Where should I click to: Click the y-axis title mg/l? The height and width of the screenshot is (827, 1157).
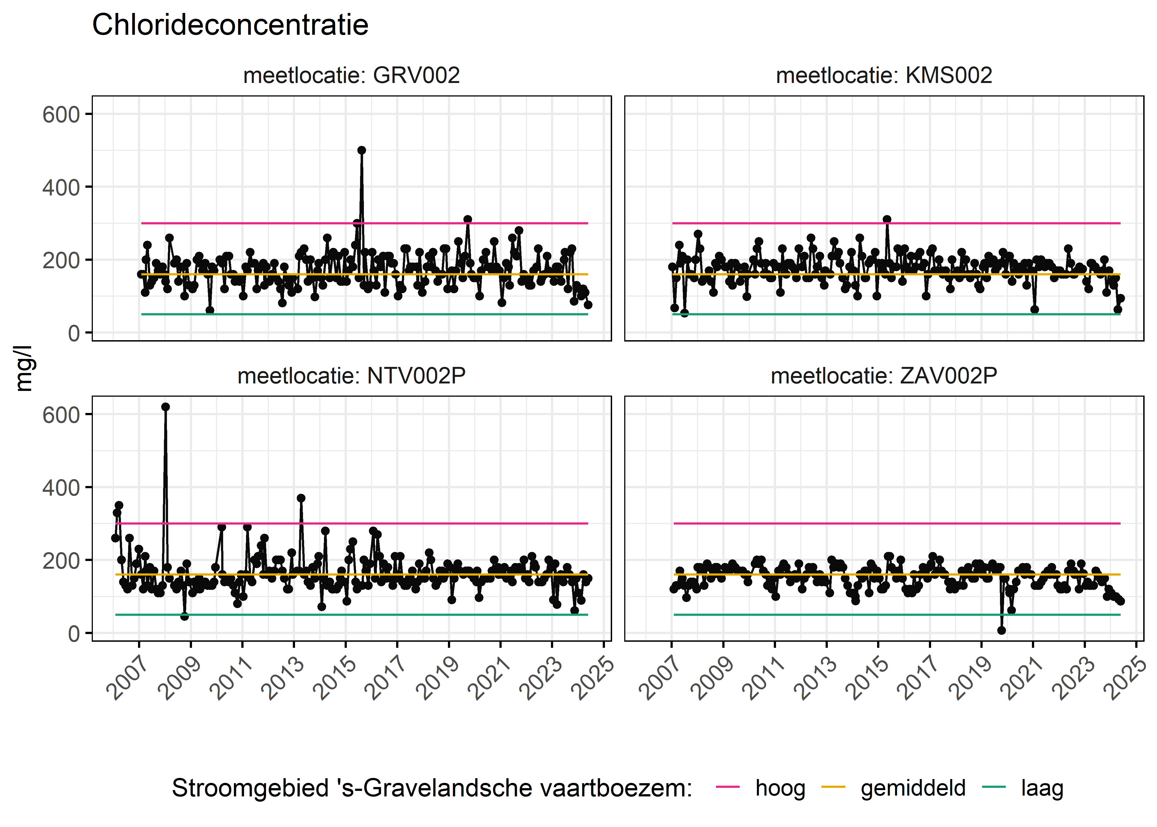tap(23, 368)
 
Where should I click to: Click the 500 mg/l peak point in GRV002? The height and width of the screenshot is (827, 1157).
tap(362, 150)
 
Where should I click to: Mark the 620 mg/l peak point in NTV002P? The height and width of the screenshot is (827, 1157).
tap(165, 407)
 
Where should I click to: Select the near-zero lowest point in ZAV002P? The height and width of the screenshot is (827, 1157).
tap(1001, 630)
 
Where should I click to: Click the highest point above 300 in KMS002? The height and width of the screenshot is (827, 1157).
tap(887, 219)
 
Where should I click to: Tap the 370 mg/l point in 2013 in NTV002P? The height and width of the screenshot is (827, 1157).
tap(301, 498)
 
